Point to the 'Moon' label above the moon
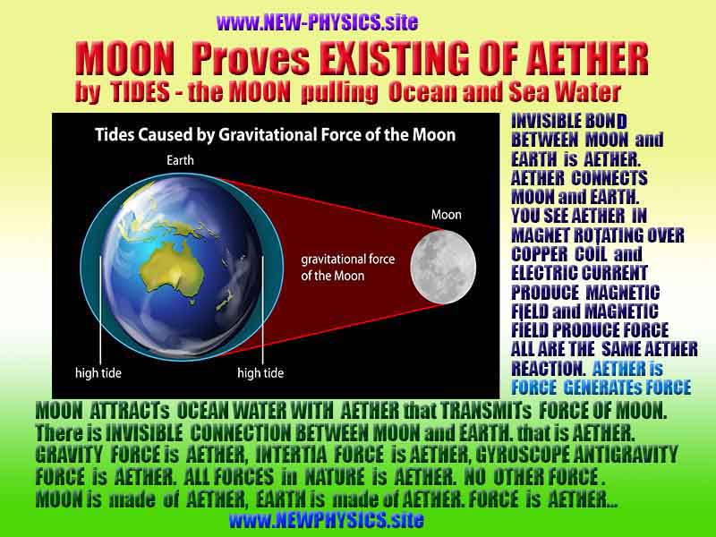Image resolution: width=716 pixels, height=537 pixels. pyautogui.click(x=446, y=215)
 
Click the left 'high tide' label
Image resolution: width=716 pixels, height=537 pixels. pyautogui.click(x=97, y=371)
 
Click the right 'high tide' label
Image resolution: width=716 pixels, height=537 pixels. pyautogui.click(x=260, y=371)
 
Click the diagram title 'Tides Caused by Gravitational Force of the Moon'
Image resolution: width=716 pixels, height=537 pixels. pyautogui.click(x=276, y=135)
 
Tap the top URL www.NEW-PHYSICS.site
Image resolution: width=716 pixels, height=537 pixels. pyautogui.click(x=317, y=21)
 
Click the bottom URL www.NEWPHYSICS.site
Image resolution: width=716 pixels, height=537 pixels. pyautogui.click(x=326, y=519)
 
